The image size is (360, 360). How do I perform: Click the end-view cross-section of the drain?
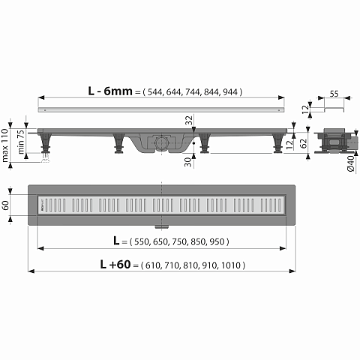pyautogui.click(x=332, y=139)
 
